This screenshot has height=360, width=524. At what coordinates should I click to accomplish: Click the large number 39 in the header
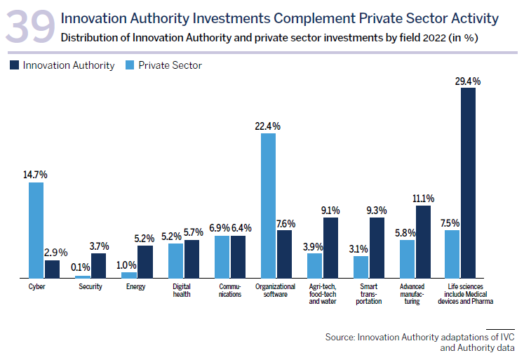30,27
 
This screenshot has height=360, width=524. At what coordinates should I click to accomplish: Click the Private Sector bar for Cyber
36,230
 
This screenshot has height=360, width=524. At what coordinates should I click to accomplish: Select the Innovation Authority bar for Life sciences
468,183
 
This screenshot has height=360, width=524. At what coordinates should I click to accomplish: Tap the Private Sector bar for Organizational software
268,206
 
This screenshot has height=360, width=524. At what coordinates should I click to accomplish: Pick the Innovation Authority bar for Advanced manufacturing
423,242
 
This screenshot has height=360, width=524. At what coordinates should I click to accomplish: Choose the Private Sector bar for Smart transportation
361,267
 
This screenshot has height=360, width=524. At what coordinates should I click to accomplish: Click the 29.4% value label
468,81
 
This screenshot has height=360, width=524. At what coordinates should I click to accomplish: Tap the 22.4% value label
268,126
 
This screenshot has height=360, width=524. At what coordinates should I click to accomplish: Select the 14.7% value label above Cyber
36,175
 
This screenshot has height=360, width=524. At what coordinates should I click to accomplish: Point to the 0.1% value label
82,267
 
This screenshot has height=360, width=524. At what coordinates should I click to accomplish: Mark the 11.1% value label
424,198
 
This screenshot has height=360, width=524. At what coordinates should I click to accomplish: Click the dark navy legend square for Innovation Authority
15,65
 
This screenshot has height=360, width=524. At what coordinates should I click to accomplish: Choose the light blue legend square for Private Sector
130,65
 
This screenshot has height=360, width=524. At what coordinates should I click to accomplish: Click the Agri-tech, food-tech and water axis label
323,294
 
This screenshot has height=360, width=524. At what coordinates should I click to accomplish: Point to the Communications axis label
229,291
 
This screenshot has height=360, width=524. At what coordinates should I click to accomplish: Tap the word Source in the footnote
339,338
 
